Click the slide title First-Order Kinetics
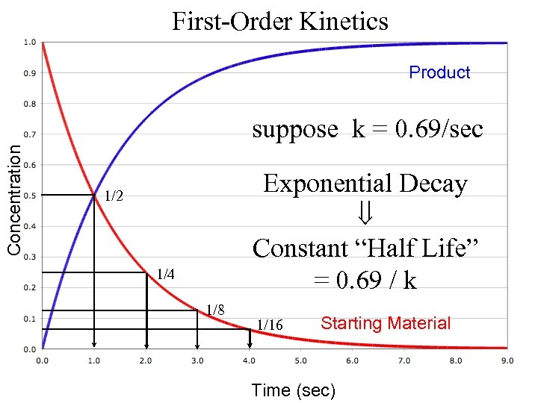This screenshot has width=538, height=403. [280, 21]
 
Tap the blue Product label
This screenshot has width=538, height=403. [439, 72]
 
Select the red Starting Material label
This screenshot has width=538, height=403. [386, 323]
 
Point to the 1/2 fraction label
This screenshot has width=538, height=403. [114, 197]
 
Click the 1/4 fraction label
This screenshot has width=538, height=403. [165, 275]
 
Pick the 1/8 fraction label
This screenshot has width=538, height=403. [216, 309]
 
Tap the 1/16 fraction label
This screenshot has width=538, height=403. [270, 325]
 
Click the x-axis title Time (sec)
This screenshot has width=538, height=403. [294, 390]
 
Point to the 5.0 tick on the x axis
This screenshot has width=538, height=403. [300, 360]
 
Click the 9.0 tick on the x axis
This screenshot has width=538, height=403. [507, 360]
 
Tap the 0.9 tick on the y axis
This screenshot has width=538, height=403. [28, 73]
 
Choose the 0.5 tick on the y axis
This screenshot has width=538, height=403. [28, 196]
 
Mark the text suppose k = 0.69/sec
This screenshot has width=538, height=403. [368, 129]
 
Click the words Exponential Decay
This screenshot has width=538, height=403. [365, 184]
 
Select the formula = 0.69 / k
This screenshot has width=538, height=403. [365, 280]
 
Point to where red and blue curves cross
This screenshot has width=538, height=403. [94, 196]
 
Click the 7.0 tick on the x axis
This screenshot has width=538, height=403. [403, 360]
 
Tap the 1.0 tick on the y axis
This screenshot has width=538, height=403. [28, 43]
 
